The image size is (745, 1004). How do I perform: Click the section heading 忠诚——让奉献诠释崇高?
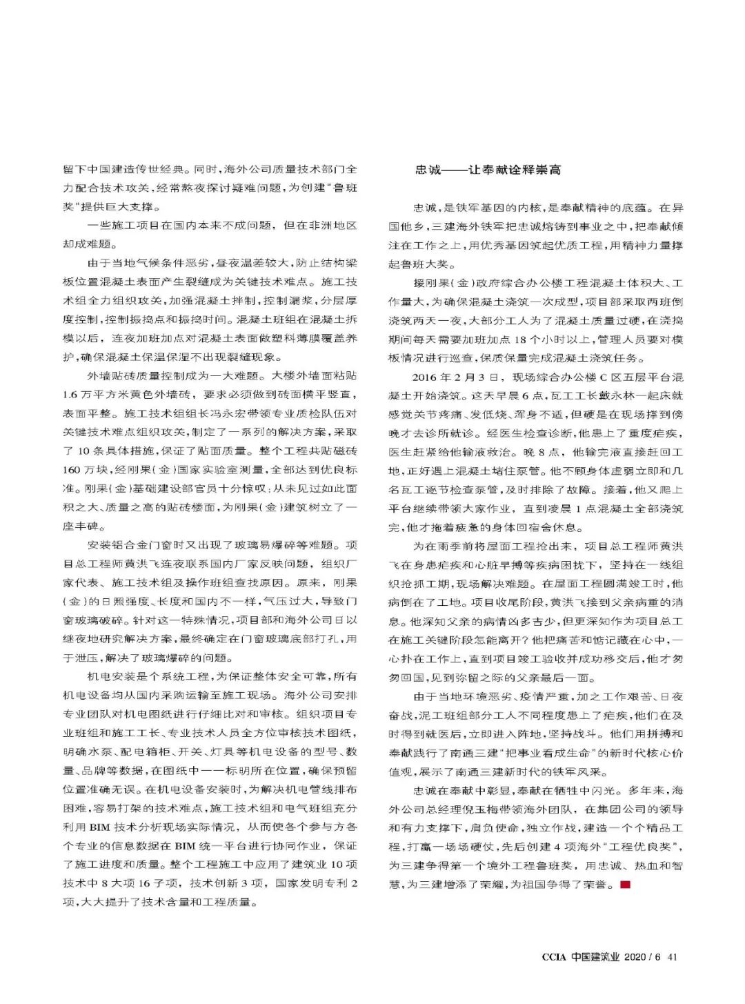pyautogui.click(x=488, y=170)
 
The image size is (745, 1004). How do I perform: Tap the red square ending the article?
pyautogui.click(x=626, y=884)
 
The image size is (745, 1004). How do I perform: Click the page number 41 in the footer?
pyautogui.click(x=673, y=956)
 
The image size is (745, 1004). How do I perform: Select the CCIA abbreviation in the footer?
pyautogui.click(x=554, y=956)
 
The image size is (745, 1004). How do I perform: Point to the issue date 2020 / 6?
pyautogui.click(x=643, y=956)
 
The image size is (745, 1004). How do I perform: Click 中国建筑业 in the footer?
pyautogui.click(x=595, y=956)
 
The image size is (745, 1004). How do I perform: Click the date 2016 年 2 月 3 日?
pyautogui.click(x=455, y=377)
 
